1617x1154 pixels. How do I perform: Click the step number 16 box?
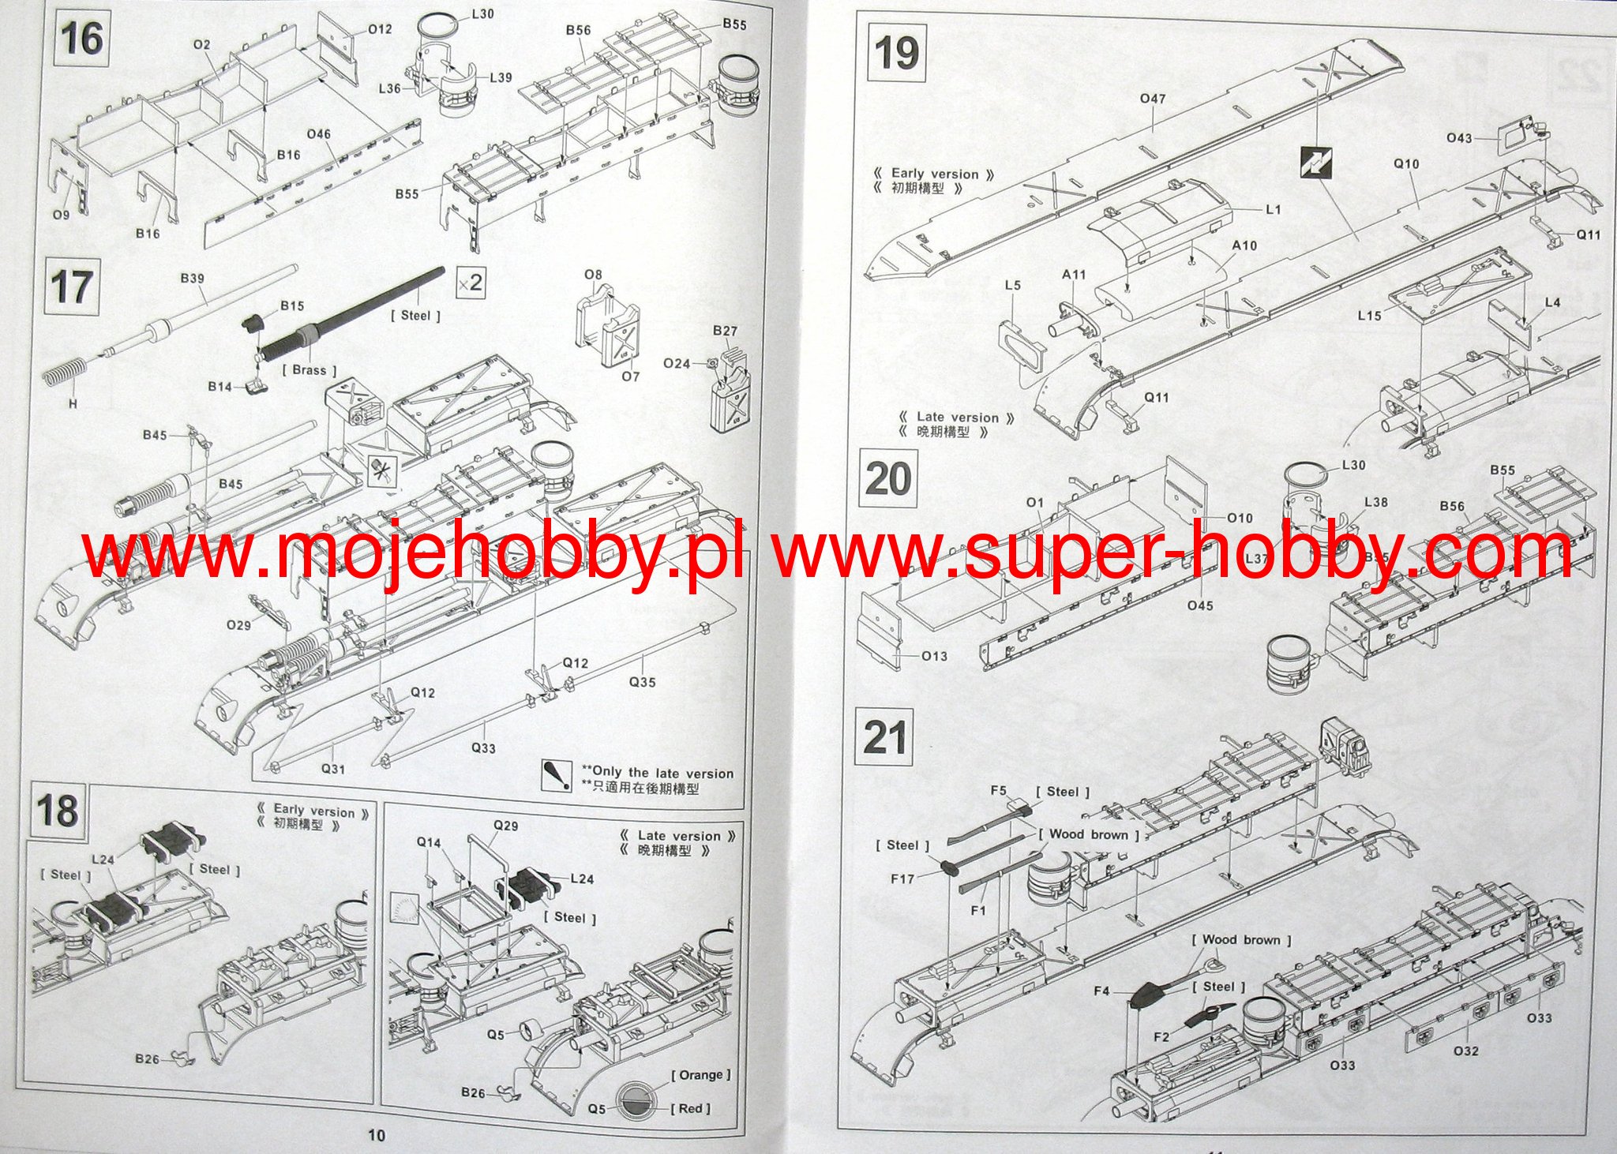click(x=80, y=39)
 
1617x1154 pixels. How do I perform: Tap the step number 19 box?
click(x=897, y=54)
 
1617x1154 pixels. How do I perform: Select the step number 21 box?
click(x=884, y=737)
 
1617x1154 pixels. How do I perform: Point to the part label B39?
click(x=192, y=279)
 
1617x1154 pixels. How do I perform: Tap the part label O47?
click(x=1153, y=99)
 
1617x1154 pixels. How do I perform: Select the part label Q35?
click(x=642, y=682)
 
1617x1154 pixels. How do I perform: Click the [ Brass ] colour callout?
click(x=309, y=369)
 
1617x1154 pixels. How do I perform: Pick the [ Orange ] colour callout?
click(x=700, y=1074)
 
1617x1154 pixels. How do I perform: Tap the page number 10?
click(x=377, y=1135)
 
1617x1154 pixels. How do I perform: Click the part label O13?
click(x=934, y=655)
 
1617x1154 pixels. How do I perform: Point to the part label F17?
click(x=902, y=878)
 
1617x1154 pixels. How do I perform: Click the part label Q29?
click(x=505, y=826)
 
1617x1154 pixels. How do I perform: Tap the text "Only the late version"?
click(x=662, y=773)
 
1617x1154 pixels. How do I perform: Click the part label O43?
click(x=1459, y=138)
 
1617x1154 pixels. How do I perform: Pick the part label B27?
click(x=725, y=331)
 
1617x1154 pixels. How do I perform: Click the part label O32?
click(x=1465, y=1051)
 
